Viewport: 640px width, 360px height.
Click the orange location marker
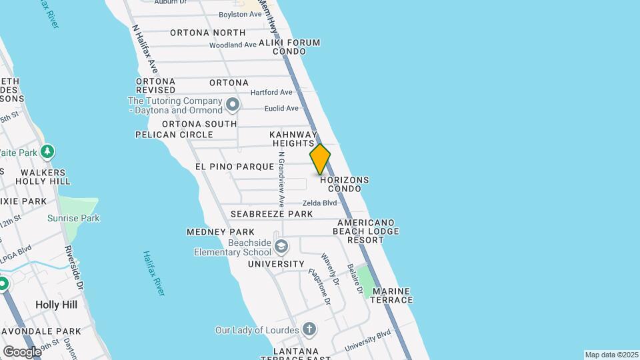tap(320, 159)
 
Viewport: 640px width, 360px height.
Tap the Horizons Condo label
tap(344, 185)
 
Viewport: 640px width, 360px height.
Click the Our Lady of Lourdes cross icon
tap(309, 329)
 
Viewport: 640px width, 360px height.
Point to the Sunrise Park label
tap(73, 218)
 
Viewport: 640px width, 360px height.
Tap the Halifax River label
tap(153, 273)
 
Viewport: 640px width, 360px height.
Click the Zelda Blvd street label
tap(319, 203)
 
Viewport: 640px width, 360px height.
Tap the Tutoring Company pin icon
tap(232, 105)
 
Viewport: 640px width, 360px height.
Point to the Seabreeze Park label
tap(271, 214)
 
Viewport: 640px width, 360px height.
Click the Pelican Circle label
tap(174, 134)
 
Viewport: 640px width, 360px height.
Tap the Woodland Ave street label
tap(233, 45)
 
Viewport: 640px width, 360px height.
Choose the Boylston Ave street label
tap(241, 15)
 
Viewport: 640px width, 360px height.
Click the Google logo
tap(22, 351)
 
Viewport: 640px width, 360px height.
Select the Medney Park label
tap(211, 232)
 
